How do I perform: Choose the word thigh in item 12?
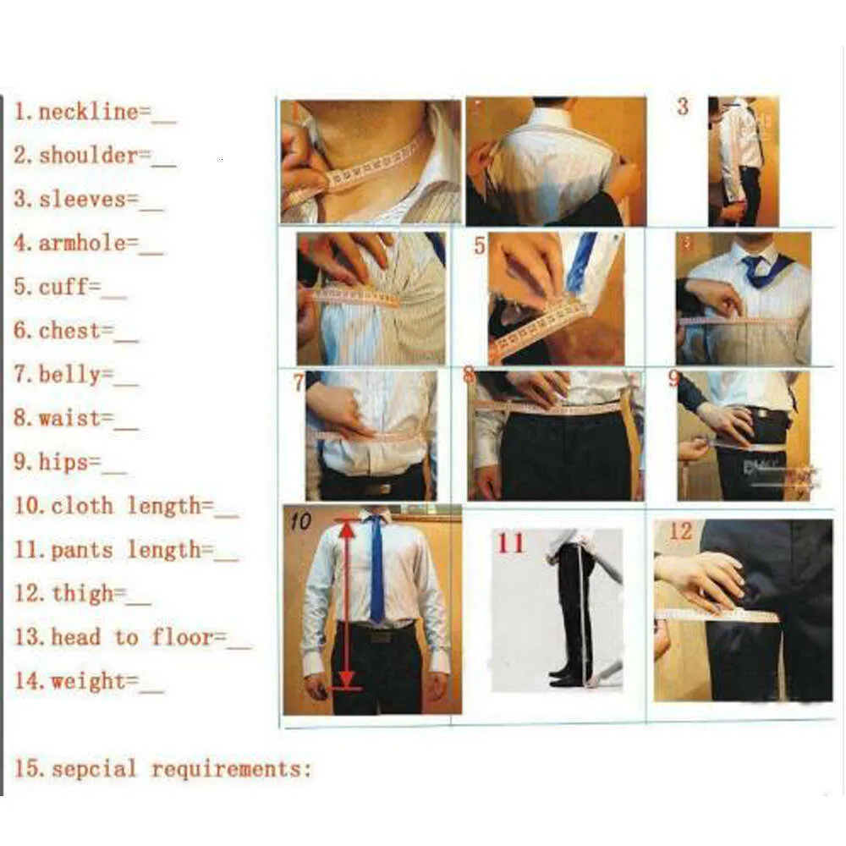tap(82, 594)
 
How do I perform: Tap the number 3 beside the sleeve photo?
tap(683, 107)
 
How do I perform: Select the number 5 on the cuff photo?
tap(480, 246)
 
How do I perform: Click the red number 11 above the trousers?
tap(510, 542)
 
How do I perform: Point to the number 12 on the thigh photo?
tap(681, 531)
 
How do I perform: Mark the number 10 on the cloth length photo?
tap(301, 521)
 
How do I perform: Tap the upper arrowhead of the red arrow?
tap(347, 528)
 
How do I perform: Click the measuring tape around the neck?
tap(368, 170)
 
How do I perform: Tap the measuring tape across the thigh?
tap(719, 615)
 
